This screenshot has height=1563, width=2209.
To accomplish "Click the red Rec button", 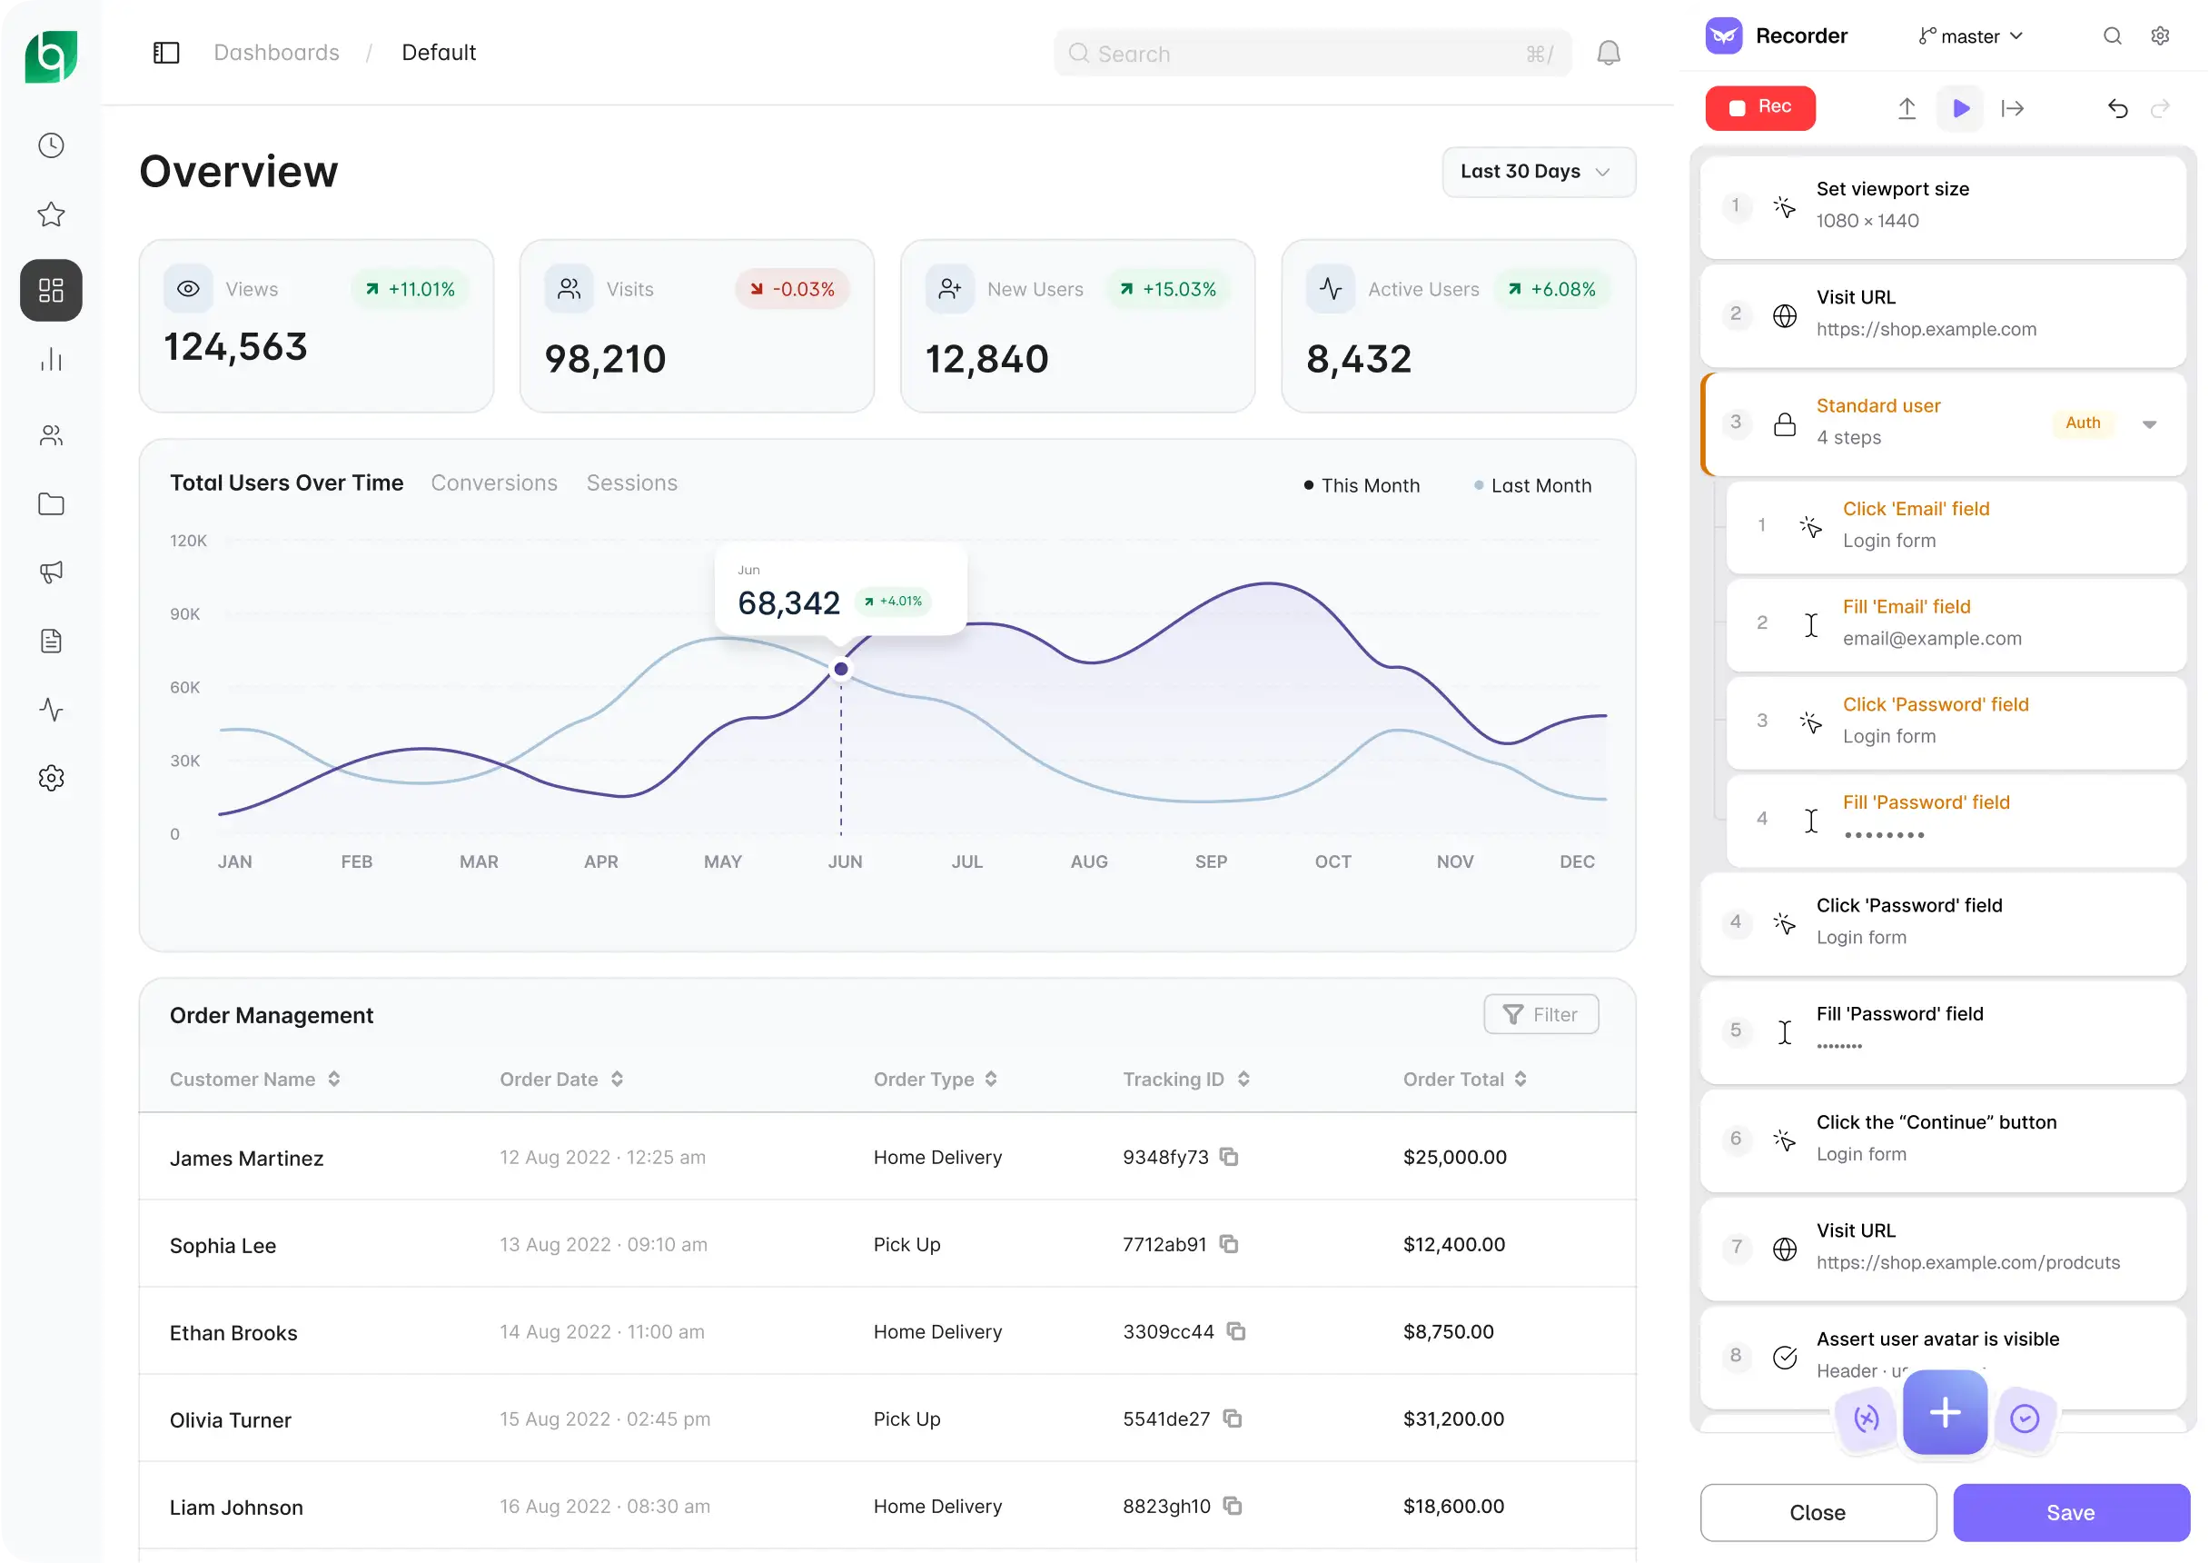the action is point(1759,107).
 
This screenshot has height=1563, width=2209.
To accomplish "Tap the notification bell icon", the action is point(1609,53).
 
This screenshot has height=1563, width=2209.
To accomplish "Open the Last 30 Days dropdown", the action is point(1539,172).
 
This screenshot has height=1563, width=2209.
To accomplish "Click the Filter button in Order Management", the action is point(1540,1014).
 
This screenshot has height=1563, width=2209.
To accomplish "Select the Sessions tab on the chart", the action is point(632,483).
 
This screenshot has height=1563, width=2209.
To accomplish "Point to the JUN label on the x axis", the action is point(845,861).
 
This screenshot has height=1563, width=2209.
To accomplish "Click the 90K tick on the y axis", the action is point(184,614).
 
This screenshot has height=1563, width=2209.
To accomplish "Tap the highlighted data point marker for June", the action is point(841,669).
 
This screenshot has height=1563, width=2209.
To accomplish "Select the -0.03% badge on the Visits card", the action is point(793,289).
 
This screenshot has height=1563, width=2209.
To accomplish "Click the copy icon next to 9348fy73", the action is point(1229,1157).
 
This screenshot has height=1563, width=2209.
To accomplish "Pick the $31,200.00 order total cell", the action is point(1452,1419).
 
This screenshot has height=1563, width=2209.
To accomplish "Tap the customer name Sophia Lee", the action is point(223,1245).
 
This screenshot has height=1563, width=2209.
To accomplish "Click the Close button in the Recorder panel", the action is point(1818,1512).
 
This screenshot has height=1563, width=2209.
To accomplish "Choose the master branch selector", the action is point(1970,36).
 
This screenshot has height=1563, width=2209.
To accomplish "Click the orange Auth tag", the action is point(2082,423).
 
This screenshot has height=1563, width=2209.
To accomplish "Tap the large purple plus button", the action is point(1945,1412).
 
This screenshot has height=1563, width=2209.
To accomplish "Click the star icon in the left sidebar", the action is point(51,214).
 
